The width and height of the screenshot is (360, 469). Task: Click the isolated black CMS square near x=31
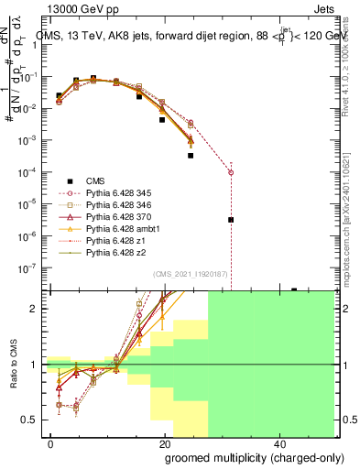click(x=231, y=220)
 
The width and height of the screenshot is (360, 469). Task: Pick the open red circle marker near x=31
click(x=231, y=172)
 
